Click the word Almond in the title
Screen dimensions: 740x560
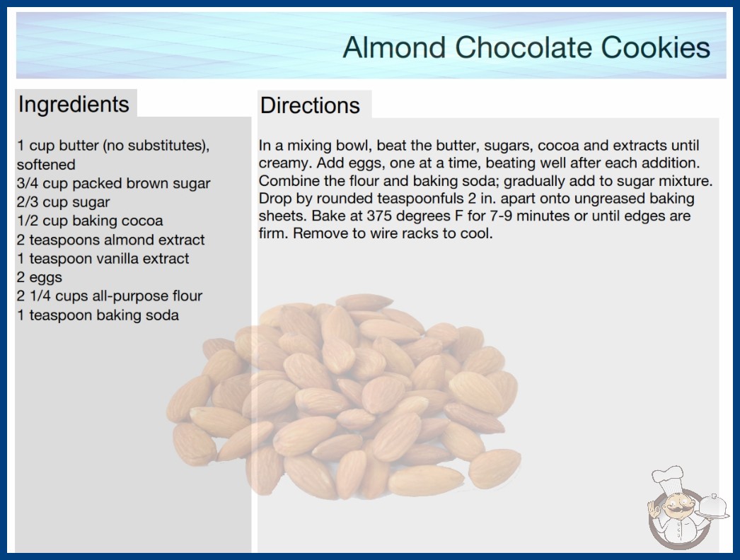click(394, 47)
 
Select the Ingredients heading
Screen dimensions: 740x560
click(74, 105)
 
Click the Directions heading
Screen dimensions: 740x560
click(310, 105)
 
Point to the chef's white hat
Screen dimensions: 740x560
click(667, 477)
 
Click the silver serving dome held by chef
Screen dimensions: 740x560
click(712, 507)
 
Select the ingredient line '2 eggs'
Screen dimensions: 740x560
click(40, 277)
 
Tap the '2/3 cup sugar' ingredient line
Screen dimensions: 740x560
click(63, 202)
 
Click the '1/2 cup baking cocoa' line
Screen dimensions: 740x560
click(90, 221)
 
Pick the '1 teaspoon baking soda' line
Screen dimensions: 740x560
click(98, 315)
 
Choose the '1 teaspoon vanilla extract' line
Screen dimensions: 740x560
click(103, 259)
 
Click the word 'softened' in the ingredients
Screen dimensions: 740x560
click(46, 165)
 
